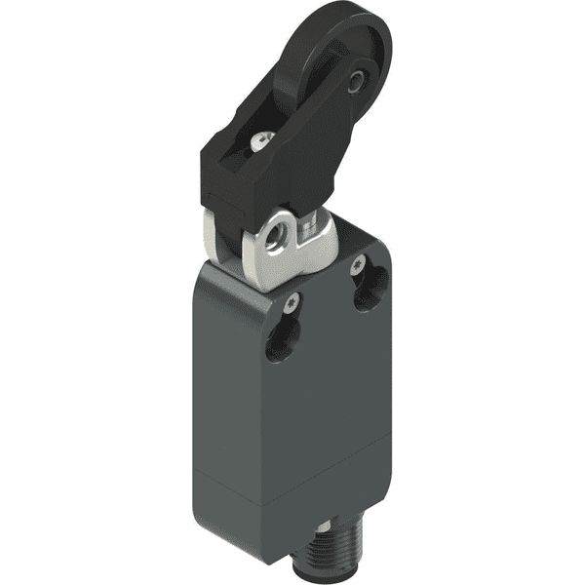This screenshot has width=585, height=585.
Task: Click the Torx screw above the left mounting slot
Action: tap(291, 306)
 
